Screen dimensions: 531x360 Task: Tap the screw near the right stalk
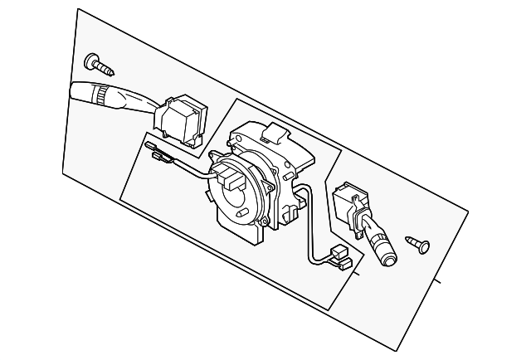pos(418,243)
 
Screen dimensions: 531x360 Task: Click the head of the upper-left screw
pos(90,61)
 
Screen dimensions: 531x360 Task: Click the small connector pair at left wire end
pos(157,153)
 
